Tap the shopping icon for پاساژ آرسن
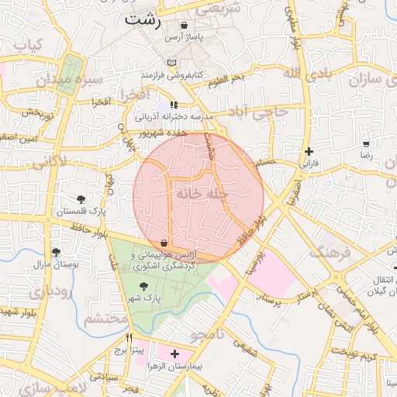coord(184,26)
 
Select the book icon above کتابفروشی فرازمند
coord(171,63)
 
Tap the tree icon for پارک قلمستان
coord(82,199)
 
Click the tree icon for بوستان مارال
coord(56,252)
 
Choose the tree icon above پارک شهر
coord(141,286)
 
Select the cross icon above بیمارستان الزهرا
coord(174,354)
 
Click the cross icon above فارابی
coord(309,151)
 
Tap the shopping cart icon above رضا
coord(366,144)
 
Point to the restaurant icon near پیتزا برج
coord(129,338)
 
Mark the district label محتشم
coord(105,318)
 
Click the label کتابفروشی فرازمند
coord(171,75)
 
